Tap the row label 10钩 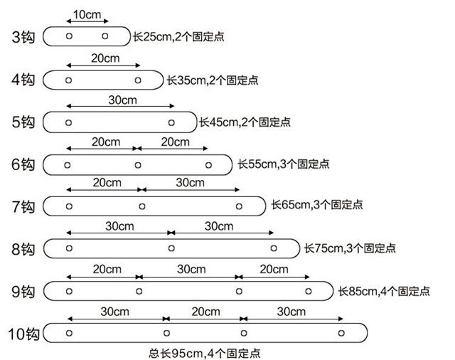(x=23, y=333)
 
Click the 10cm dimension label (x=86, y=14)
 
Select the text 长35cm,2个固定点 (x=212, y=80)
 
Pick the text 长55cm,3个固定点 (x=283, y=164)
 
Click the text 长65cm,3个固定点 (x=317, y=206)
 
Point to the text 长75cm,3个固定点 (x=350, y=248)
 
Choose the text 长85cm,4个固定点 (x=384, y=291)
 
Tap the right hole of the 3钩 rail (x=105, y=36)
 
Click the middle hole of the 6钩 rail (x=138, y=165)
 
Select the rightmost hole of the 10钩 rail (x=342, y=333)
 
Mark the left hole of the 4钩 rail (x=68, y=80)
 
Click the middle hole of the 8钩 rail (x=171, y=248)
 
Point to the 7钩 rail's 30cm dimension (x=190, y=184)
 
